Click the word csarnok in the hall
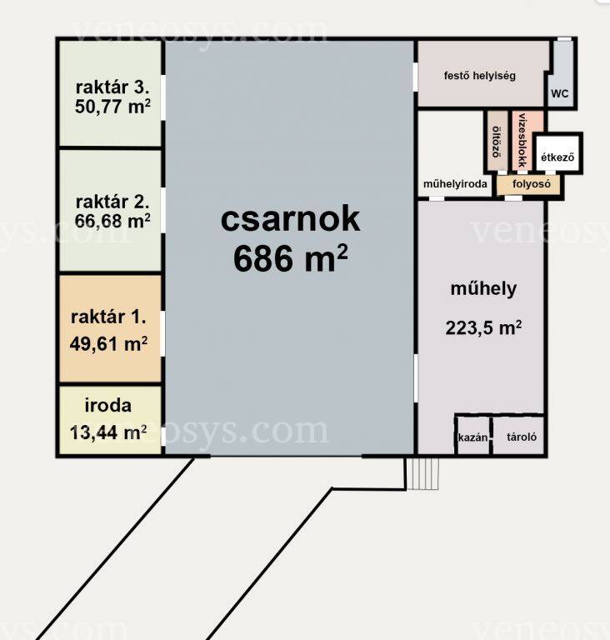tap(290, 219)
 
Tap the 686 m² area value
tap(290, 259)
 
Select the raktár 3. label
tap(112, 87)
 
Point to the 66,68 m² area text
tap(112, 221)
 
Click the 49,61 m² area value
tap(108, 343)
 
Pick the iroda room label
tap(108, 405)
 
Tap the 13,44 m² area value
tap(108, 432)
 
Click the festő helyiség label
tap(480, 76)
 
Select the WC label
tap(559, 94)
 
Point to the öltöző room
tap(497, 141)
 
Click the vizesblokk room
tap(523, 140)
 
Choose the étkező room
tap(557, 153)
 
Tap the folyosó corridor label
tap(532, 184)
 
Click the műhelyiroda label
tap(455, 184)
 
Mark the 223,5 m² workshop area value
tap(483, 327)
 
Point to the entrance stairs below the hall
tap(422, 473)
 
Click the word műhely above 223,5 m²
tap(483, 289)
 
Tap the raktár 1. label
tap(108, 317)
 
